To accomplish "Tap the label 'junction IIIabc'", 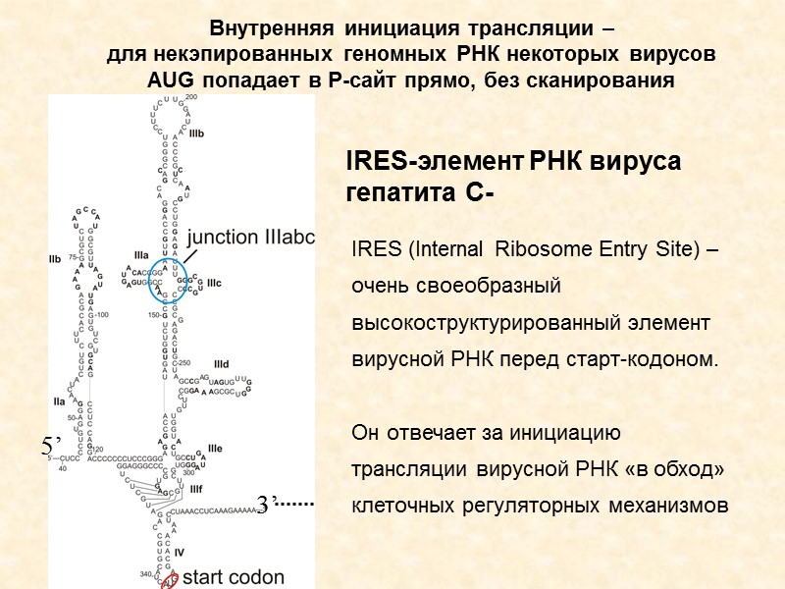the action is tap(249, 237).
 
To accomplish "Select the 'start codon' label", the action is tap(235, 577).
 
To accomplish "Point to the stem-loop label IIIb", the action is tap(196, 131).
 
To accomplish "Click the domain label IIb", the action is tap(55, 259).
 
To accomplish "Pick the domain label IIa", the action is tap(59, 401).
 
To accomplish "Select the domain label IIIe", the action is tap(215, 449).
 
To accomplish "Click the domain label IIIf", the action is tap(196, 488).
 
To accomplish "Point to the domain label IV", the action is tap(179, 553).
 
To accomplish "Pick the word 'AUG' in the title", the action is tap(171, 80).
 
